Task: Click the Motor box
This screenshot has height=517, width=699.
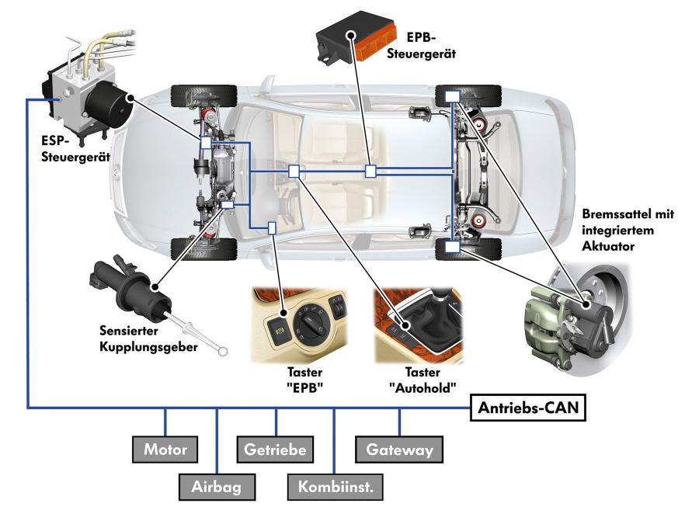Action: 165,449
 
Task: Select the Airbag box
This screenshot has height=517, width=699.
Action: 217,487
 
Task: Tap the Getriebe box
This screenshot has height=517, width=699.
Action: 275,449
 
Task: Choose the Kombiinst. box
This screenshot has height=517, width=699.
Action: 336,487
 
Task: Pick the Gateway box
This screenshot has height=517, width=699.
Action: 399,449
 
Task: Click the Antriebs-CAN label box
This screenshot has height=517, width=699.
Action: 528,408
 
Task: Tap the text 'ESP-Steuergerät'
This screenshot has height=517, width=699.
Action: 75,149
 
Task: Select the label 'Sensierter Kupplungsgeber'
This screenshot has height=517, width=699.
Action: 148,338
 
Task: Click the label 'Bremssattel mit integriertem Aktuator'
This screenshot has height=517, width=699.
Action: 628,230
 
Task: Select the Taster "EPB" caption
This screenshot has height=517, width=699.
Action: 305,380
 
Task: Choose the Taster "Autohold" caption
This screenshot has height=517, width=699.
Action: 423,380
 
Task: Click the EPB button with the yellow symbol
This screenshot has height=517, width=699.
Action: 280,330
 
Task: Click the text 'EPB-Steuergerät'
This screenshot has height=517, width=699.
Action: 421,46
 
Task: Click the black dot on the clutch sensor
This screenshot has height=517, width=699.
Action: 155,286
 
